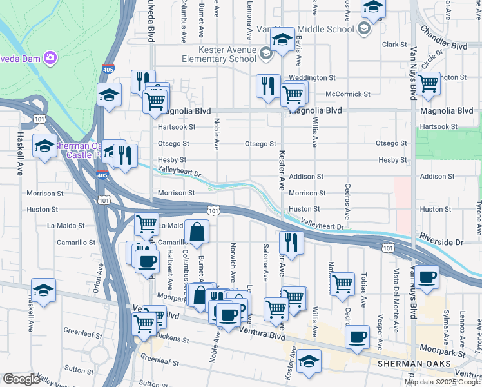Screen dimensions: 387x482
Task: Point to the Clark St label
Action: click(394, 45)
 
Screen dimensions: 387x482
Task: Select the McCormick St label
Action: click(348, 94)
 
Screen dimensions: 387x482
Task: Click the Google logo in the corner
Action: click(21, 379)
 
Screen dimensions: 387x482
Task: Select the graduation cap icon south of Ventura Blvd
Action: click(310, 361)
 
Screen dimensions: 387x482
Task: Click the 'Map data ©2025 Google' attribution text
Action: click(442, 382)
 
